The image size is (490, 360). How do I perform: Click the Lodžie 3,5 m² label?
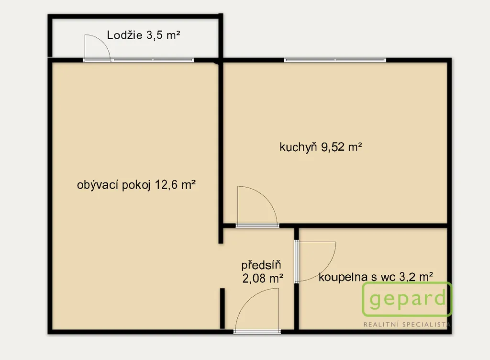(144, 35)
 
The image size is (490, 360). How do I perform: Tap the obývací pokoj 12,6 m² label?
(136, 185)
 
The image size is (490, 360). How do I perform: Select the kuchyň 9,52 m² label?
(321, 146)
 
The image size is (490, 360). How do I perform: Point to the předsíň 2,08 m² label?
(263, 271)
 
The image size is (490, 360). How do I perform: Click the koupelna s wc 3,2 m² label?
(376, 277)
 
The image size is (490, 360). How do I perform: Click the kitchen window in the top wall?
(335, 60)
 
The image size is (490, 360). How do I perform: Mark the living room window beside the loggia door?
(153, 60)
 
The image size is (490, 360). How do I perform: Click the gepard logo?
(407, 299)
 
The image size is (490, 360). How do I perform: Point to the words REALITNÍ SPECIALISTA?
(407, 325)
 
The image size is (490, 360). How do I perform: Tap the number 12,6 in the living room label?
(167, 185)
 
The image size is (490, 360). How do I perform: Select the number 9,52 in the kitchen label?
(333, 146)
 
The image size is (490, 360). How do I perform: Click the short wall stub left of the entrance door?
(222, 308)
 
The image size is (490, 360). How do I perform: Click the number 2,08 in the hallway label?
(254, 278)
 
